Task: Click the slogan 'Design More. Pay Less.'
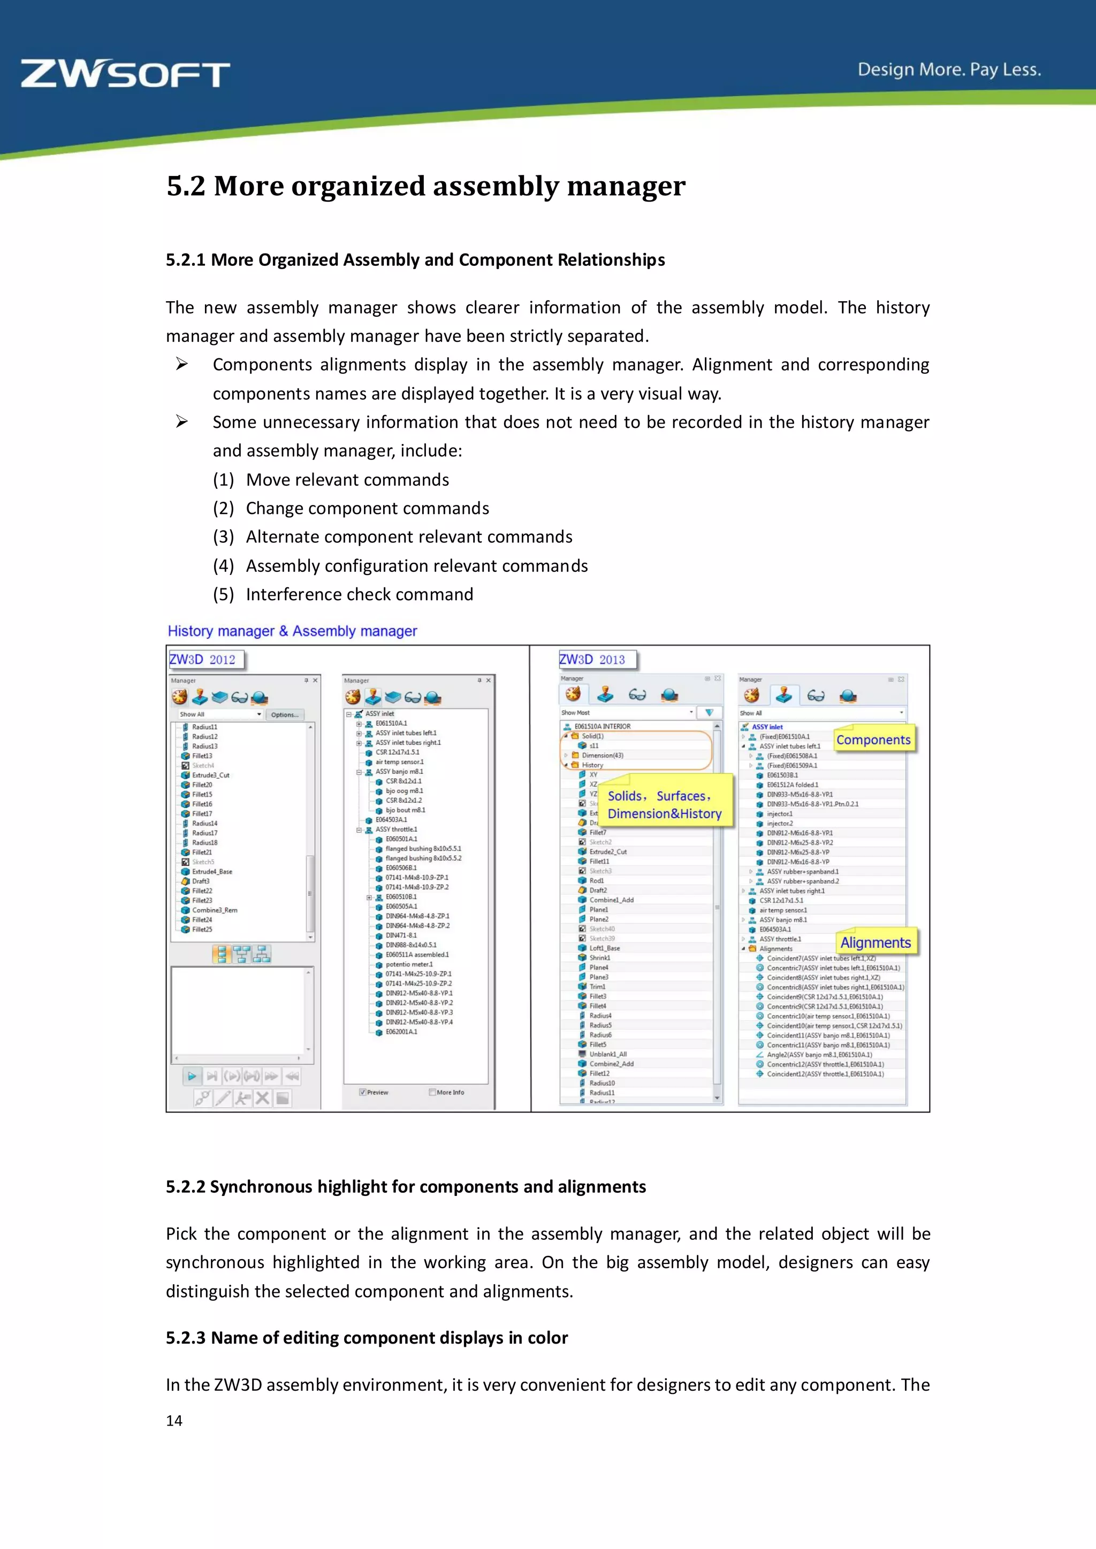pos(949,70)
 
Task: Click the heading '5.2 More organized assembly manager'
pos(426,186)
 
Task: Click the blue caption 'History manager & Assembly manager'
pos(292,631)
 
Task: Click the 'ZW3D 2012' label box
pos(204,660)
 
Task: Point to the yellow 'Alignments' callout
pos(876,942)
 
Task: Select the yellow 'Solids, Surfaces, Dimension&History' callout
pos(664,805)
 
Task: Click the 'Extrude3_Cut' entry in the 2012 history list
pos(210,775)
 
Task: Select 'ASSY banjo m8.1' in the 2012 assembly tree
pos(399,772)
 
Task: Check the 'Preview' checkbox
pos(363,1092)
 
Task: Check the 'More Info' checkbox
pos(432,1092)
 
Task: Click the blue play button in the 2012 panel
pos(192,1076)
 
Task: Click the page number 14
pos(174,1421)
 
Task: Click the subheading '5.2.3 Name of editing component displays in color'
pos(367,1338)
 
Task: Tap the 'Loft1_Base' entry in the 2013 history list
pos(604,948)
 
